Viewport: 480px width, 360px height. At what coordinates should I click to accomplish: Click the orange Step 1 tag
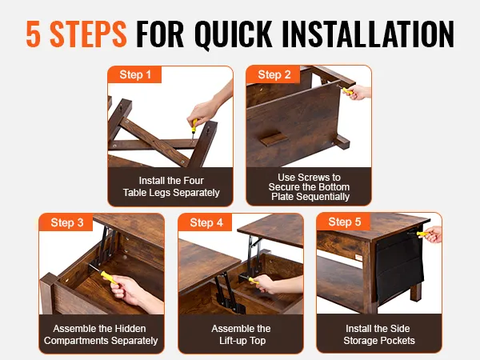(134, 74)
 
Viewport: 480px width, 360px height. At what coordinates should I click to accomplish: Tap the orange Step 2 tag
(274, 74)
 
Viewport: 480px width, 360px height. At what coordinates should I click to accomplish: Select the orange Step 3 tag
(66, 222)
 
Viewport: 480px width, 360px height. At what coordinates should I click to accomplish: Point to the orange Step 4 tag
(205, 222)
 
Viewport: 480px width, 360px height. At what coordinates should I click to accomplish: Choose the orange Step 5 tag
(344, 222)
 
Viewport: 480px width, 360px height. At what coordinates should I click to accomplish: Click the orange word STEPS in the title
(88, 34)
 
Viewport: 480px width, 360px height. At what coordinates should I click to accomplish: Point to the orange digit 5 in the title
(33, 34)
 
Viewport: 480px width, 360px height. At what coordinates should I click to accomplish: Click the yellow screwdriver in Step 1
(194, 129)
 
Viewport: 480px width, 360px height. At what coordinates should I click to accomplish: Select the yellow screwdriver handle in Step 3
(110, 278)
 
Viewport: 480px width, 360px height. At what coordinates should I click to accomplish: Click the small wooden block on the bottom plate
(274, 138)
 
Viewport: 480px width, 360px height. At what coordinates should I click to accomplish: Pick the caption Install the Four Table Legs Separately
(171, 186)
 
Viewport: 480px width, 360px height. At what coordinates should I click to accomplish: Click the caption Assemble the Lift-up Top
(242, 334)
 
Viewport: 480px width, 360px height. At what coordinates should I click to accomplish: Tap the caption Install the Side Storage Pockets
(378, 334)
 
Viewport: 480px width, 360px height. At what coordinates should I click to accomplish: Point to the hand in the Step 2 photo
(358, 92)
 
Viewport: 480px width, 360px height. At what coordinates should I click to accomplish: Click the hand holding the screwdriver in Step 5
(433, 234)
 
